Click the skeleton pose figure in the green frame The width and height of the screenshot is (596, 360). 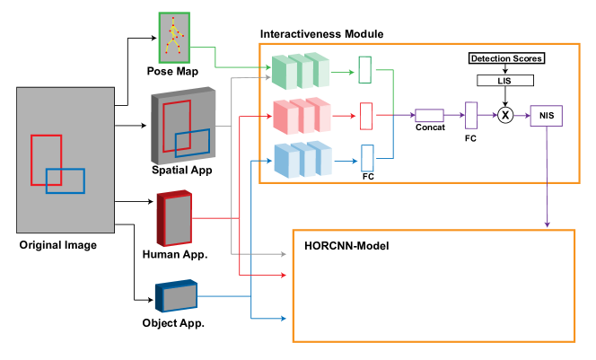(x=174, y=38)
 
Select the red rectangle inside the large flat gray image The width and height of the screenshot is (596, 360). (x=46, y=160)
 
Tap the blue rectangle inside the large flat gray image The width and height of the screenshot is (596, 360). (x=66, y=181)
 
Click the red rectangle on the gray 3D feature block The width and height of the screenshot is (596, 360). (x=177, y=126)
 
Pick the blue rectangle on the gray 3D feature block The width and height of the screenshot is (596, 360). (x=192, y=143)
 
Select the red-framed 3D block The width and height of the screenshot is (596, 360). (x=174, y=218)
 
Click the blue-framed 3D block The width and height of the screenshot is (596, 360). (x=176, y=296)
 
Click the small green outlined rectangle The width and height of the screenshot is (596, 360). (x=364, y=70)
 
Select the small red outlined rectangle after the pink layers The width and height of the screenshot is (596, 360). (x=366, y=116)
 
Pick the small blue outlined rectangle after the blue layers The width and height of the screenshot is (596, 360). (x=367, y=158)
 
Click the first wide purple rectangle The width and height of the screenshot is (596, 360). (x=429, y=116)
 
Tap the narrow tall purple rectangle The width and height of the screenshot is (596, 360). (x=471, y=115)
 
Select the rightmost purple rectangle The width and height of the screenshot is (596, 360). (x=546, y=116)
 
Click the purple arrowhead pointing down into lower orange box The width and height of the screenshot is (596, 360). (x=547, y=224)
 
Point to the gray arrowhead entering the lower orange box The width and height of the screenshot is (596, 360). (x=283, y=254)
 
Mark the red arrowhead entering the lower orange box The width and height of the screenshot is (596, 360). (x=283, y=275)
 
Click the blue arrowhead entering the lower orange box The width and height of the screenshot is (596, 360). (x=283, y=318)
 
